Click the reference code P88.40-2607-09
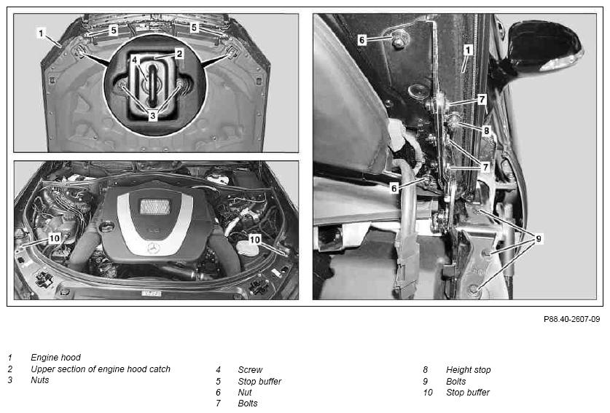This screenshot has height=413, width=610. coord(571,319)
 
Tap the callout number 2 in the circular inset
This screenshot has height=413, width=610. coord(179,54)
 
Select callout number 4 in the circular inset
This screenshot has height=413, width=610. coord(134,60)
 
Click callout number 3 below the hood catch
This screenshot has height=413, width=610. coord(152,116)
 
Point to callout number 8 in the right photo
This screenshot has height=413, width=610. coord(486,130)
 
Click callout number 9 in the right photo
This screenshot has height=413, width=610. coord(539,238)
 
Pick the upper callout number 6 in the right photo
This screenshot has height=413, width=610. coord(361,39)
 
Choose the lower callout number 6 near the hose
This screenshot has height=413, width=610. coord(394,188)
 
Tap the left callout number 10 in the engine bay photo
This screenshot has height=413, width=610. coord(55,238)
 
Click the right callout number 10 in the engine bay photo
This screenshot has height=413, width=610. coord(254,240)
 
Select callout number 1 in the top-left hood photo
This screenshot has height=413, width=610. coord(41,33)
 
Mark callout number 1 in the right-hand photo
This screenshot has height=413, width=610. coord(468,50)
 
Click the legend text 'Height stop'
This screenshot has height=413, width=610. coord(469,370)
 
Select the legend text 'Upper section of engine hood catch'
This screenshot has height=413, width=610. coord(101,369)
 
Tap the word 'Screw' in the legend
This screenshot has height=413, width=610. coord(250,370)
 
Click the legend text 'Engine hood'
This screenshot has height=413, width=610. coord(55,358)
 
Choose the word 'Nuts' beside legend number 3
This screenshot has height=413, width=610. coord(39,380)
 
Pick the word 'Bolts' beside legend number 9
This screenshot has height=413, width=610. coord(456,382)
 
